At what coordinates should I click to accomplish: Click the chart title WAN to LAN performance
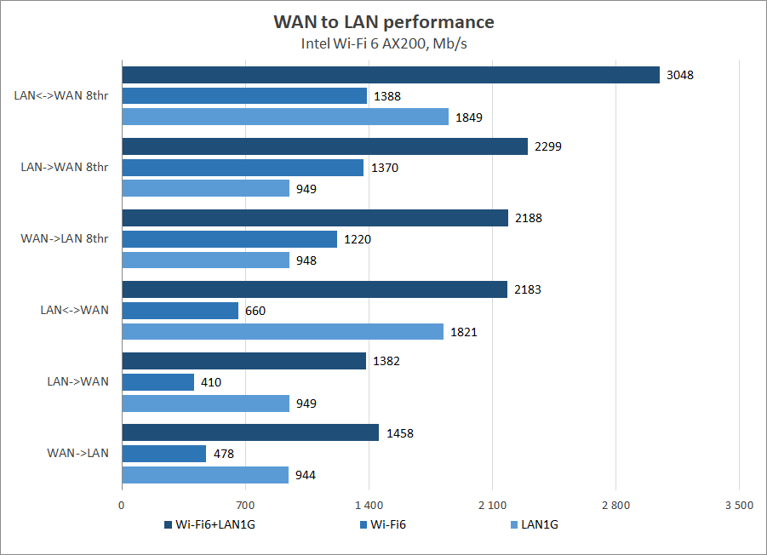(x=383, y=21)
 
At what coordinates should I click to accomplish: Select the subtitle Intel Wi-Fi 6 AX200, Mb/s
(x=383, y=43)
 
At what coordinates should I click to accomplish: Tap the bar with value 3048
(x=391, y=75)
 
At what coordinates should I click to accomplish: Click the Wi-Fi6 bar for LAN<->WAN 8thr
(x=244, y=96)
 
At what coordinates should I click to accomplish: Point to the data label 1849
(x=469, y=117)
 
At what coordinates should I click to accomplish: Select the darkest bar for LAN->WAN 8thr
(x=324, y=146)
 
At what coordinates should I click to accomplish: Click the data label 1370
(x=385, y=168)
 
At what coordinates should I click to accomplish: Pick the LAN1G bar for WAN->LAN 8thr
(x=205, y=260)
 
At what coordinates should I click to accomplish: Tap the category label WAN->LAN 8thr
(x=65, y=238)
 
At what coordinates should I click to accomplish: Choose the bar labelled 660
(x=180, y=311)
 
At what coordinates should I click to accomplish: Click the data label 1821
(x=463, y=332)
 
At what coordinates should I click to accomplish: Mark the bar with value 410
(x=158, y=382)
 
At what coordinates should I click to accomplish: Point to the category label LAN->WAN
(x=77, y=381)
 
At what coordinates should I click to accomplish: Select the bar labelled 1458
(x=250, y=433)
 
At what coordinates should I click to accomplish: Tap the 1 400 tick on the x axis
(x=369, y=506)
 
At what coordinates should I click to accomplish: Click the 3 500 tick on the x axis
(x=738, y=506)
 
